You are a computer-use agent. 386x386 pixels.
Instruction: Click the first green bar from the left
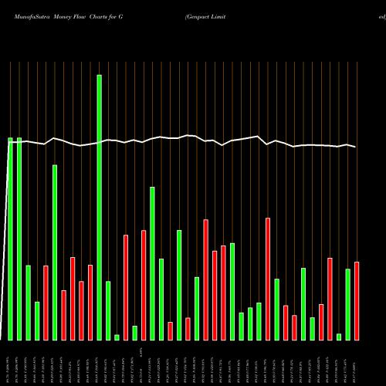point(10,239)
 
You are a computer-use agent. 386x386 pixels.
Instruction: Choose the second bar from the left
point(19,239)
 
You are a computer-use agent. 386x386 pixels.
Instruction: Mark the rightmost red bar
point(357,301)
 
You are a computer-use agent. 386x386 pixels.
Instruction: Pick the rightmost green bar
point(348,304)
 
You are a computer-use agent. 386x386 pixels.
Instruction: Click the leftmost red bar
point(46,303)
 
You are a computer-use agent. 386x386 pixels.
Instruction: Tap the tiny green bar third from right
point(339,337)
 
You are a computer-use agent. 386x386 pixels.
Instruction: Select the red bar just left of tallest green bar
point(90,302)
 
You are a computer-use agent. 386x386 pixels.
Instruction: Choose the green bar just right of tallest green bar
point(108,310)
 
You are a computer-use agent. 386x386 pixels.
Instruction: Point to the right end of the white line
point(356,147)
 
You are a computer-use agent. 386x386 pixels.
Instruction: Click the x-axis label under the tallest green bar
point(99,363)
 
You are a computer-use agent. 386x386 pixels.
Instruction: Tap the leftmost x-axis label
point(10,363)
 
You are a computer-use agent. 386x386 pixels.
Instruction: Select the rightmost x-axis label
point(357,363)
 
